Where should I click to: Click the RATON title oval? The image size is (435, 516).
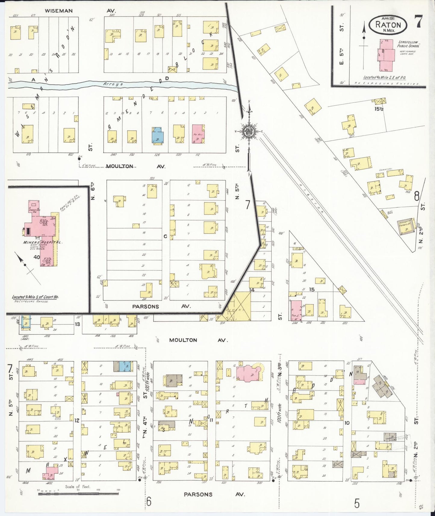388,25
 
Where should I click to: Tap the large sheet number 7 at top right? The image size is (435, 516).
418,21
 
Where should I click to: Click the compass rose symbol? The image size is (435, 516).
249,131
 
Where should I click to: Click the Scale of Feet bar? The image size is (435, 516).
78,494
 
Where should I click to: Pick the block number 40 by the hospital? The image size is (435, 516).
37,257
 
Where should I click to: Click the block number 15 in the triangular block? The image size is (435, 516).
312,289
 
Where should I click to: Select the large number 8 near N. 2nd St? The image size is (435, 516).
417,196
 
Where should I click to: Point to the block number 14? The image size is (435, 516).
252,290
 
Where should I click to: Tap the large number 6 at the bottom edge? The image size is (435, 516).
149,502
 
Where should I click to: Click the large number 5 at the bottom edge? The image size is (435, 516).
357,503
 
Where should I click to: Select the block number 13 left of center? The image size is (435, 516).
77,324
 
